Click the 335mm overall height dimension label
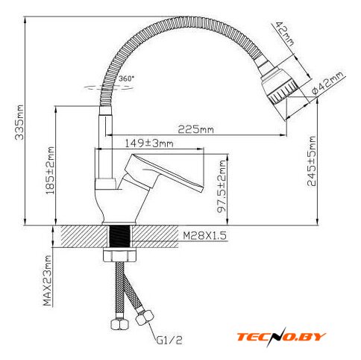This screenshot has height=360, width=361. click(x=19, y=122)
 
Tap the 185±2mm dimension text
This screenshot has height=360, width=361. click(x=50, y=170)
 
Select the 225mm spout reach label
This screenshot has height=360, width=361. click(x=195, y=129)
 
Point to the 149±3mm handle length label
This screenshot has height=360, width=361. click(x=148, y=143)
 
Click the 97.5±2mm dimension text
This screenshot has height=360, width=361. click(x=222, y=186)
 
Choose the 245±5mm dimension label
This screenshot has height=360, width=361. click(x=312, y=161)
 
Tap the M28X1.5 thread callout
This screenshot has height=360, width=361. click(x=204, y=235)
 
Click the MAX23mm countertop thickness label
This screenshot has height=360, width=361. click(x=47, y=281)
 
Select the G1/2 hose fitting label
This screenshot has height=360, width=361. click(x=169, y=340)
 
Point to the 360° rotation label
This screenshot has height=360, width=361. click(x=126, y=78)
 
